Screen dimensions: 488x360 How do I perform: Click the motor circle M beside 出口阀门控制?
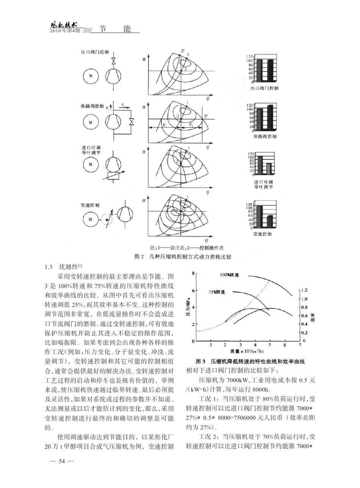91,75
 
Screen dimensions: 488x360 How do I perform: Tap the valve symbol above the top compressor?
113,61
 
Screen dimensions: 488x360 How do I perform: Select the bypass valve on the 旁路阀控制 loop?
131,122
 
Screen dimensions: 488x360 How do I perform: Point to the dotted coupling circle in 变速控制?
107,219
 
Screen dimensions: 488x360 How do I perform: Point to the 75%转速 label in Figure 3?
216,292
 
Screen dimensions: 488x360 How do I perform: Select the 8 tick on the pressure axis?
193,273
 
